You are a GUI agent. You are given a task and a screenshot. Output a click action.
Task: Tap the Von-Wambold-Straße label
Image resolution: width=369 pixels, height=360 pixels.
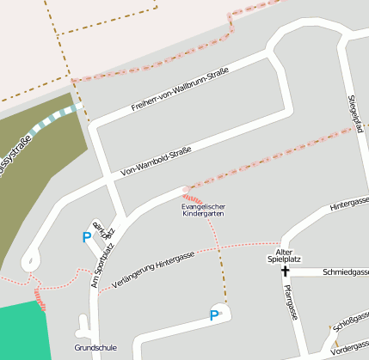157,159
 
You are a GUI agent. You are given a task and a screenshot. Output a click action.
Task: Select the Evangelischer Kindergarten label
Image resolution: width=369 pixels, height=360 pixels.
203,210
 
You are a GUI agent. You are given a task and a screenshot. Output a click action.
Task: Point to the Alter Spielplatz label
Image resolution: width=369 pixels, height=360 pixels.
284,254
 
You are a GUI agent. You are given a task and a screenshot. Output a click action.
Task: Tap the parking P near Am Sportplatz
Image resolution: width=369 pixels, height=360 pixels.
86,237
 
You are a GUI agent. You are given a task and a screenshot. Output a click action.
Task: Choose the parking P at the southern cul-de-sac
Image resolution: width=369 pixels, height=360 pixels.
214,315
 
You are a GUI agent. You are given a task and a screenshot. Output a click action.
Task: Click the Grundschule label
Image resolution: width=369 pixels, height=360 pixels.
95,349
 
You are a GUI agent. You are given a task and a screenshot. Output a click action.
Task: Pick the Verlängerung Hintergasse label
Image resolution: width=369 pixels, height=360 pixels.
153,270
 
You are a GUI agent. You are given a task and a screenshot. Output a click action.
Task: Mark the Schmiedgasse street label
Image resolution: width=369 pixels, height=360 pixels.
345,272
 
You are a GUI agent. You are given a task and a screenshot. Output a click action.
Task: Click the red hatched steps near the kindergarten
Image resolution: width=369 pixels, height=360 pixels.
193,198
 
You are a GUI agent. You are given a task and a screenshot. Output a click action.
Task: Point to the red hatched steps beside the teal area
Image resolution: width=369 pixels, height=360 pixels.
40,300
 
